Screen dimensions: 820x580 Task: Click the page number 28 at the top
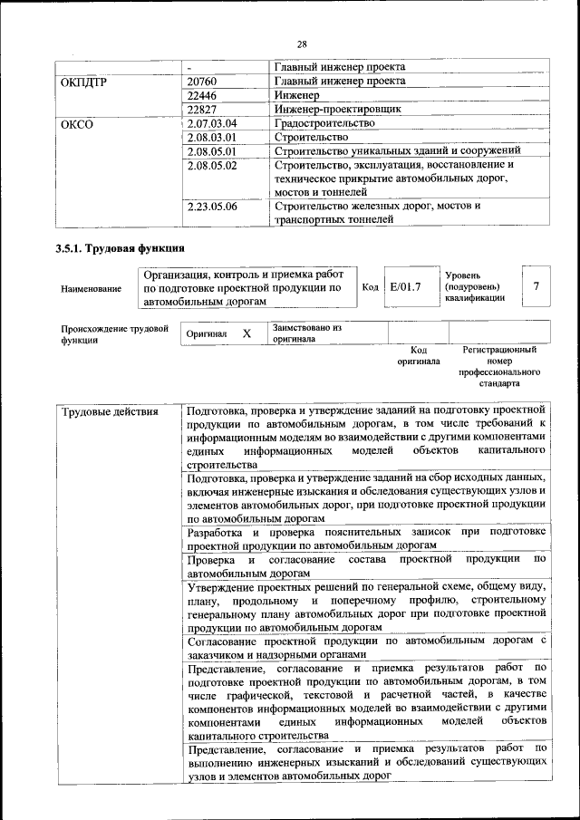point(302,43)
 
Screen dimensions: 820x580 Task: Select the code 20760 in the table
point(202,82)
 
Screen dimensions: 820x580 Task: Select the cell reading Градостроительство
point(324,122)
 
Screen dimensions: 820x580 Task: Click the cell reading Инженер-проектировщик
point(337,109)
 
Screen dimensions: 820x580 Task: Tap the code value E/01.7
point(405,287)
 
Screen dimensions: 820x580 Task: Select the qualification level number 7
point(536,286)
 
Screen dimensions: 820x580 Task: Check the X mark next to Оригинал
point(246,333)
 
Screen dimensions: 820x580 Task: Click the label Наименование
point(91,289)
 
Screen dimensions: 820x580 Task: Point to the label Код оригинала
point(418,355)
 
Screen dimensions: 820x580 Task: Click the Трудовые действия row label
point(110,412)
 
